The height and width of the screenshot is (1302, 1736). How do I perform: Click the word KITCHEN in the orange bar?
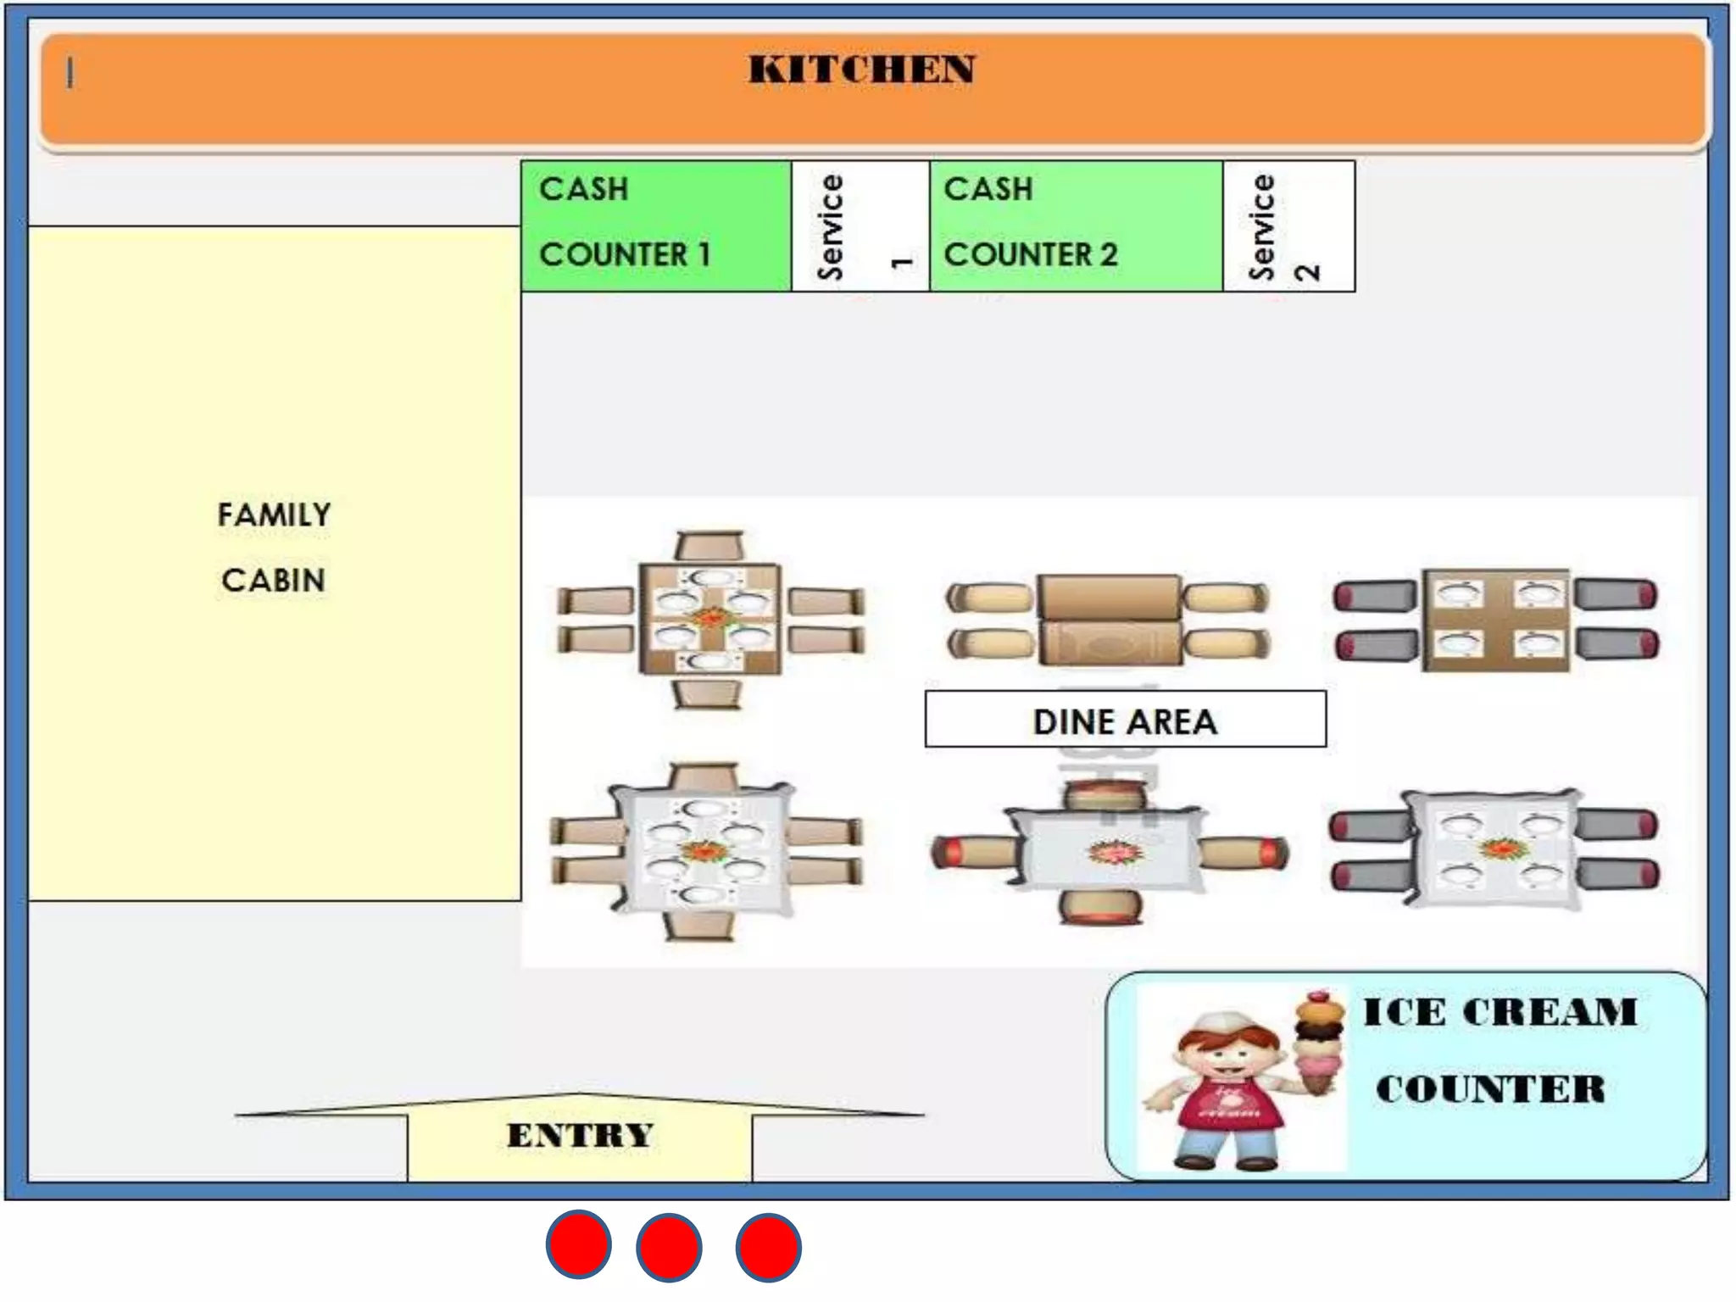pos(861,70)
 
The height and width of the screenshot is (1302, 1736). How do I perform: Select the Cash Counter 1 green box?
pos(655,225)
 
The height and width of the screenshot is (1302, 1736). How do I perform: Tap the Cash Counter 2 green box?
pos(1075,225)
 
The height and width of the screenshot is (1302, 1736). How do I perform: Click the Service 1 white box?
pos(860,225)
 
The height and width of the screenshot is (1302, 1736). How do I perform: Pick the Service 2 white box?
pos(1288,225)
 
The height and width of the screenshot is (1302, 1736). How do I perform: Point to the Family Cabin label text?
pos(273,548)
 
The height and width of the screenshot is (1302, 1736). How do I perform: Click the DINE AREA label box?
pos(1125,720)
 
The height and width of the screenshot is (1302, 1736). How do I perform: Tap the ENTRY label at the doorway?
pos(580,1135)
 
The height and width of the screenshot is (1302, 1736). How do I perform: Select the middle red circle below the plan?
pos(669,1247)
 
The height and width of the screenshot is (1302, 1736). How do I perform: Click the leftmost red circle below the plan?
pos(578,1245)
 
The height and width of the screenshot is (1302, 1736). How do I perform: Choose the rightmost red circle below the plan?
pos(768,1247)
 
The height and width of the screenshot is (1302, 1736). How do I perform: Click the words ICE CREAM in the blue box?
pos(1499,1012)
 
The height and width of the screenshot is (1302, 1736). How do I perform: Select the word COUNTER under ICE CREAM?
pos(1490,1090)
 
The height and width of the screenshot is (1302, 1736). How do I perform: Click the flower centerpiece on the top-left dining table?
pos(709,618)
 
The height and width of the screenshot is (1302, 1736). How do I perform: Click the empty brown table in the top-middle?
pos(1109,620)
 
